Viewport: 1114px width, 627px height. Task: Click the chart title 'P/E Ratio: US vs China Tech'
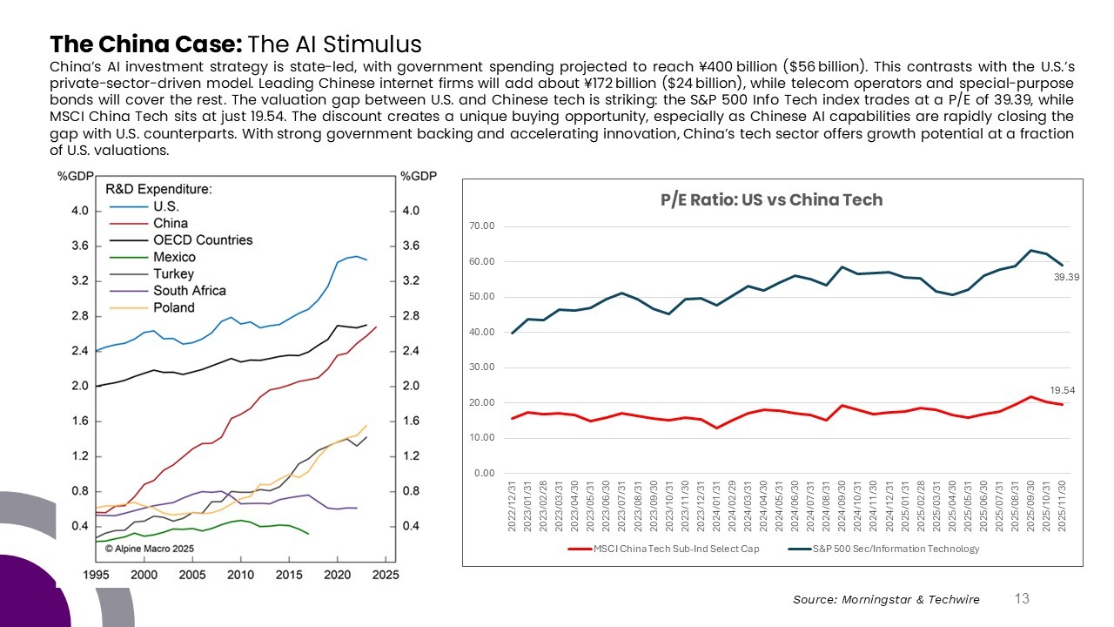point(771,199)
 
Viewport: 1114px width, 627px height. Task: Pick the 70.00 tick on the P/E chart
point(481,226)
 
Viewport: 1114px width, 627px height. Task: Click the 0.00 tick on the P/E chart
point(484,473)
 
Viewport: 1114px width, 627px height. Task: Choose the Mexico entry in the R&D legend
point(174,257)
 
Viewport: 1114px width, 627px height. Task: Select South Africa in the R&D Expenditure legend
point(189,291)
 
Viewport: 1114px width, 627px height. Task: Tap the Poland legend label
point(174,307)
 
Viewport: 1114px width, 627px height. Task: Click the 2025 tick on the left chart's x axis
point(386,575)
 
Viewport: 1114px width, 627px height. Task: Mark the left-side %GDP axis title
point(76,176)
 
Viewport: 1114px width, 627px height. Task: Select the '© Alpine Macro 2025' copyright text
point(150,548)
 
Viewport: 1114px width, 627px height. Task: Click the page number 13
point(1022,598)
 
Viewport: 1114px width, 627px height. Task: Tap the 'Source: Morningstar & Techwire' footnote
point(886,599)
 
